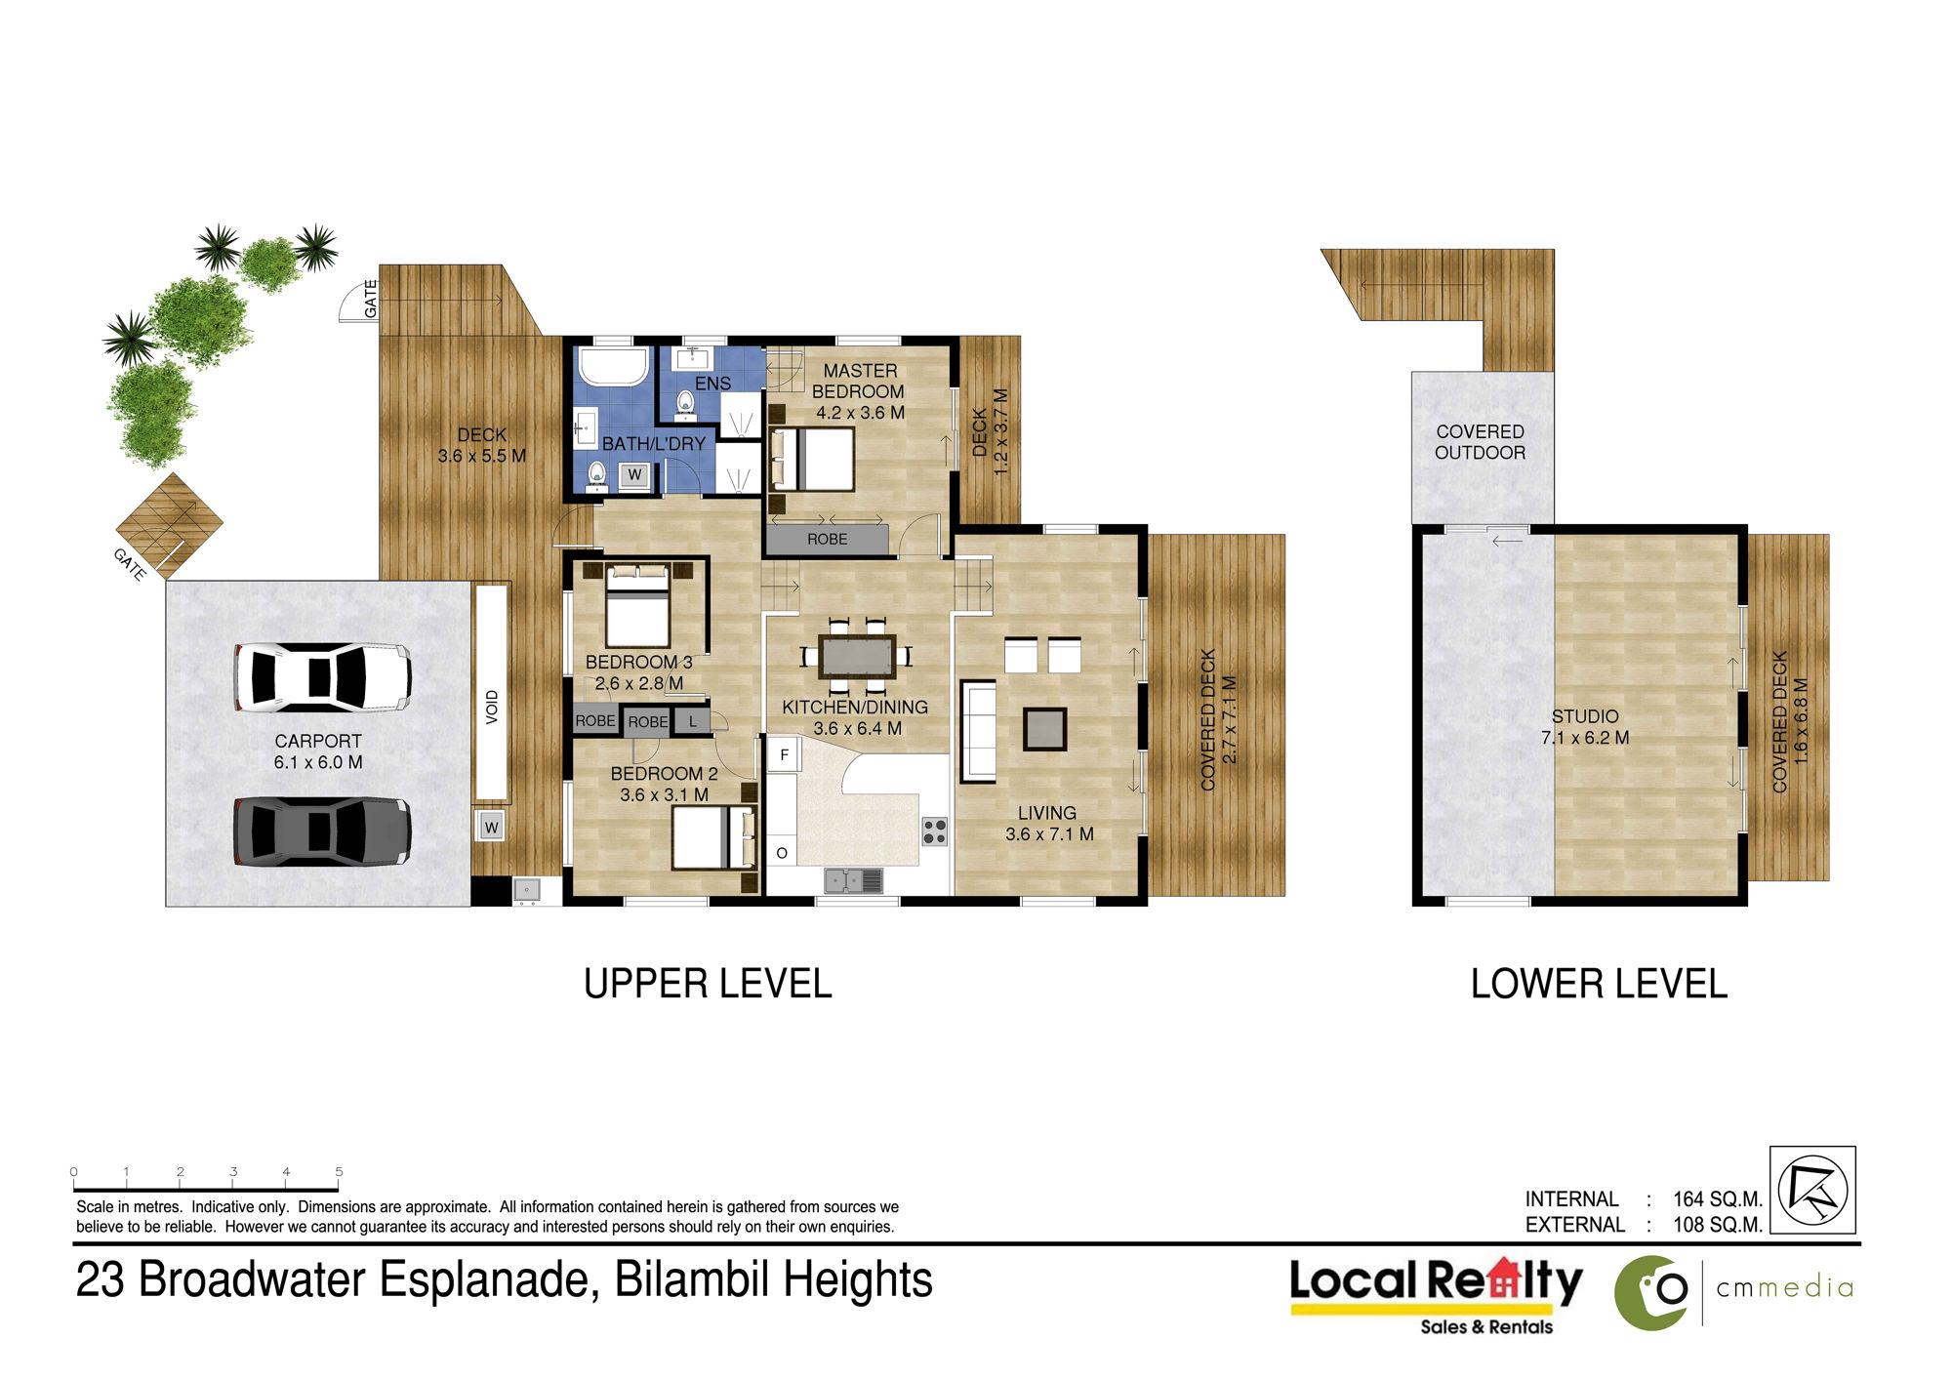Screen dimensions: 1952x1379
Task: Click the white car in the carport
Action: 322,677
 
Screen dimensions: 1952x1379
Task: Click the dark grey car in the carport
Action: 322,831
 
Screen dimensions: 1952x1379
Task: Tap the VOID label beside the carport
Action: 492,707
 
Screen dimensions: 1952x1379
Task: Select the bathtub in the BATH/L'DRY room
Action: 614,368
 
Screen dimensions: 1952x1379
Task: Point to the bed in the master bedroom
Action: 813,459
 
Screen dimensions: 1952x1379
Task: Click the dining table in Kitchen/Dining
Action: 857,656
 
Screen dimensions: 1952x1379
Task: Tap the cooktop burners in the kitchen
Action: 934,831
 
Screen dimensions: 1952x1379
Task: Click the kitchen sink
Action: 853,881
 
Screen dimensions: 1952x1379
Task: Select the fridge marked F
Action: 784,754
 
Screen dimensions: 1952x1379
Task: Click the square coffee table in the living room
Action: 1044,729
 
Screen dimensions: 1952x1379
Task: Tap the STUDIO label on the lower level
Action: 1585,716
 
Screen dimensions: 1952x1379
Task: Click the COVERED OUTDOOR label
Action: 1480,442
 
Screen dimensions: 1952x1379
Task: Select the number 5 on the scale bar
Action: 339,1171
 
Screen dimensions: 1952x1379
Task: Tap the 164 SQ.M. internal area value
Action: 1718,1198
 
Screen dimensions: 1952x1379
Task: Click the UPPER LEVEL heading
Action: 708,984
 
